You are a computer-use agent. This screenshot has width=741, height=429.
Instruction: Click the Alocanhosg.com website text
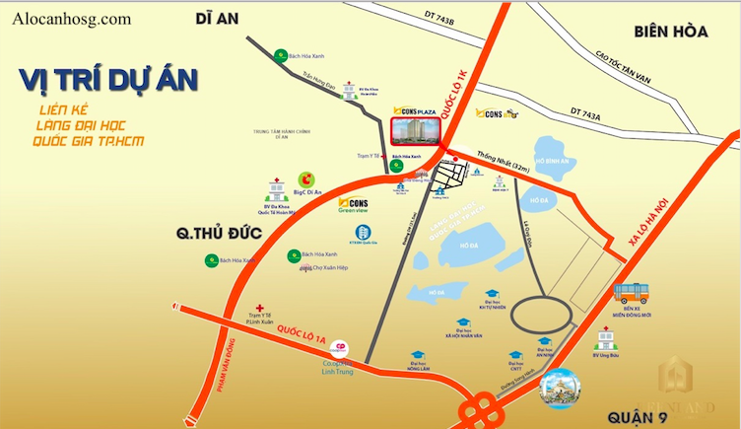(x=74, y=19)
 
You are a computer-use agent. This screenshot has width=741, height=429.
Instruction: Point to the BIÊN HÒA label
(x=672, y=32)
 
